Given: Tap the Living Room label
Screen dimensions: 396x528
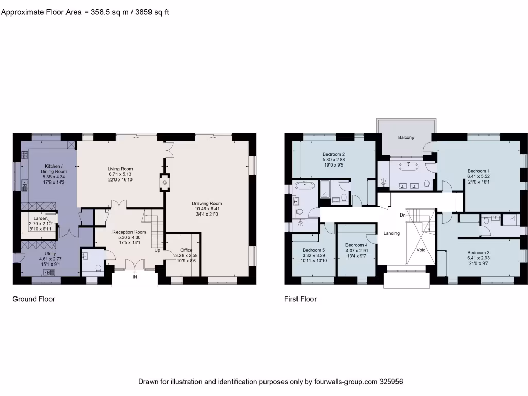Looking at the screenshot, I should click(120, 169).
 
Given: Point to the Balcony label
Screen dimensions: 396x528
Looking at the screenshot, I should click(406, 138).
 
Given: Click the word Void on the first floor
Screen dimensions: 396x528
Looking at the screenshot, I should click(421, 249).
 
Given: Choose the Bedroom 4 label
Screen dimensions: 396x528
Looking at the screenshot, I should click(356, 245).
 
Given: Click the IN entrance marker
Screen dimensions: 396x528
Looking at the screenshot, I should click(135, 277).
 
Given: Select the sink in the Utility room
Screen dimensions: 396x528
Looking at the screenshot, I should click(50, 272).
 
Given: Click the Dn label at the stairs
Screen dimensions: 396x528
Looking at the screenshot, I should click(402, 214).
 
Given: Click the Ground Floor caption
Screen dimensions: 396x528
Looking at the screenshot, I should click(34, 299).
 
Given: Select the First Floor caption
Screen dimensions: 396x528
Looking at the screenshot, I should click(300, 299).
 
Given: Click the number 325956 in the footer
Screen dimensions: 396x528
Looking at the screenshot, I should click(391, 382).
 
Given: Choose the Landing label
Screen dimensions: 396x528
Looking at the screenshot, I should click(391, 233).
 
